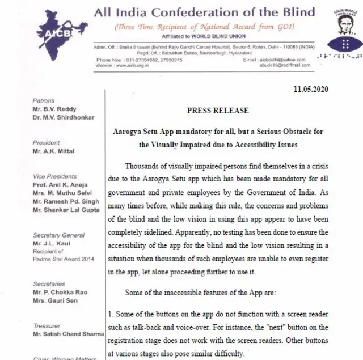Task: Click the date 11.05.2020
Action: [x=311, y=89]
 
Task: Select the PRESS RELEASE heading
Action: [x=218, y=111]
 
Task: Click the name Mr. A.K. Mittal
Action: [x=54, y=151]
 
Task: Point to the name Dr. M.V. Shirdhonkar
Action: [x=64, y=117]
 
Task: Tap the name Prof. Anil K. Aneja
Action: [x=60, y=185]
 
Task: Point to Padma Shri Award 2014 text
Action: [x=64, y=259]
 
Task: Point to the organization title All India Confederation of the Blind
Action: [x=204, y=12]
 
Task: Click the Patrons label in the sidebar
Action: [x=44, y=101]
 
